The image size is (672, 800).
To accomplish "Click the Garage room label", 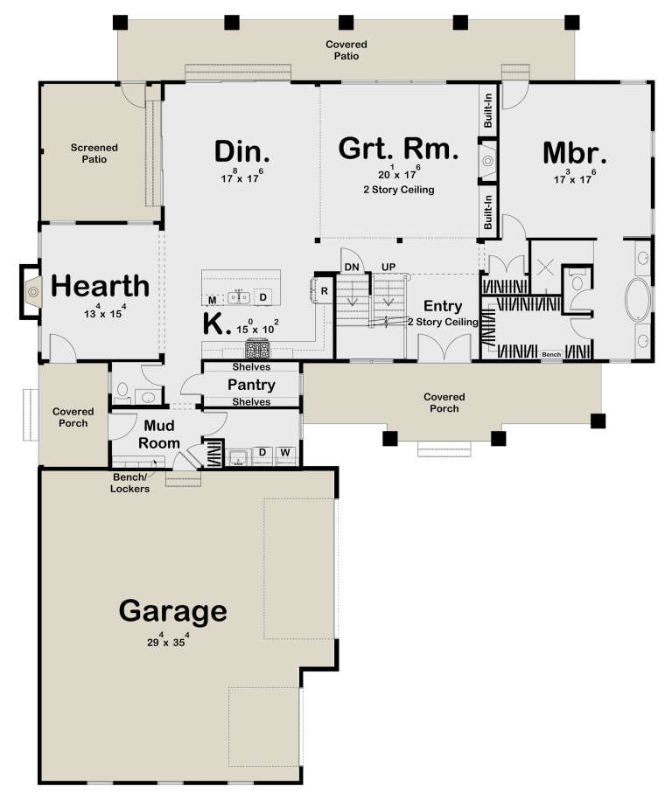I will coord(173,610).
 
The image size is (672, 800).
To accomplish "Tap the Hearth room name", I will coord(100,286).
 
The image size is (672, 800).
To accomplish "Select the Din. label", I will coord(242,151).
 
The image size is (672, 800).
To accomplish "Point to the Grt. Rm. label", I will coord(398,149).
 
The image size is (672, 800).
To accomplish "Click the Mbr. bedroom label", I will coord(575,151).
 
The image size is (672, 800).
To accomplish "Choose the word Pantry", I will coord(252,385).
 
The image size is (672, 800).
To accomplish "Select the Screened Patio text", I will coord(94,154).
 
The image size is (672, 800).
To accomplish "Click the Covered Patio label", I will coord(347,50).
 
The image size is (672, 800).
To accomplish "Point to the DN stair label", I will coord(351,266).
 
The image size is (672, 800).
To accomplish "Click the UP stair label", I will coord(388,266).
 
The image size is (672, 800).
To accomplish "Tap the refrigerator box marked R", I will coord(323,290).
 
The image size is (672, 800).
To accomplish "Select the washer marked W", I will coord(284,453).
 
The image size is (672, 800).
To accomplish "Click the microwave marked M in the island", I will coord(212,299).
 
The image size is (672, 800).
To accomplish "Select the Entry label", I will coord(443,306).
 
